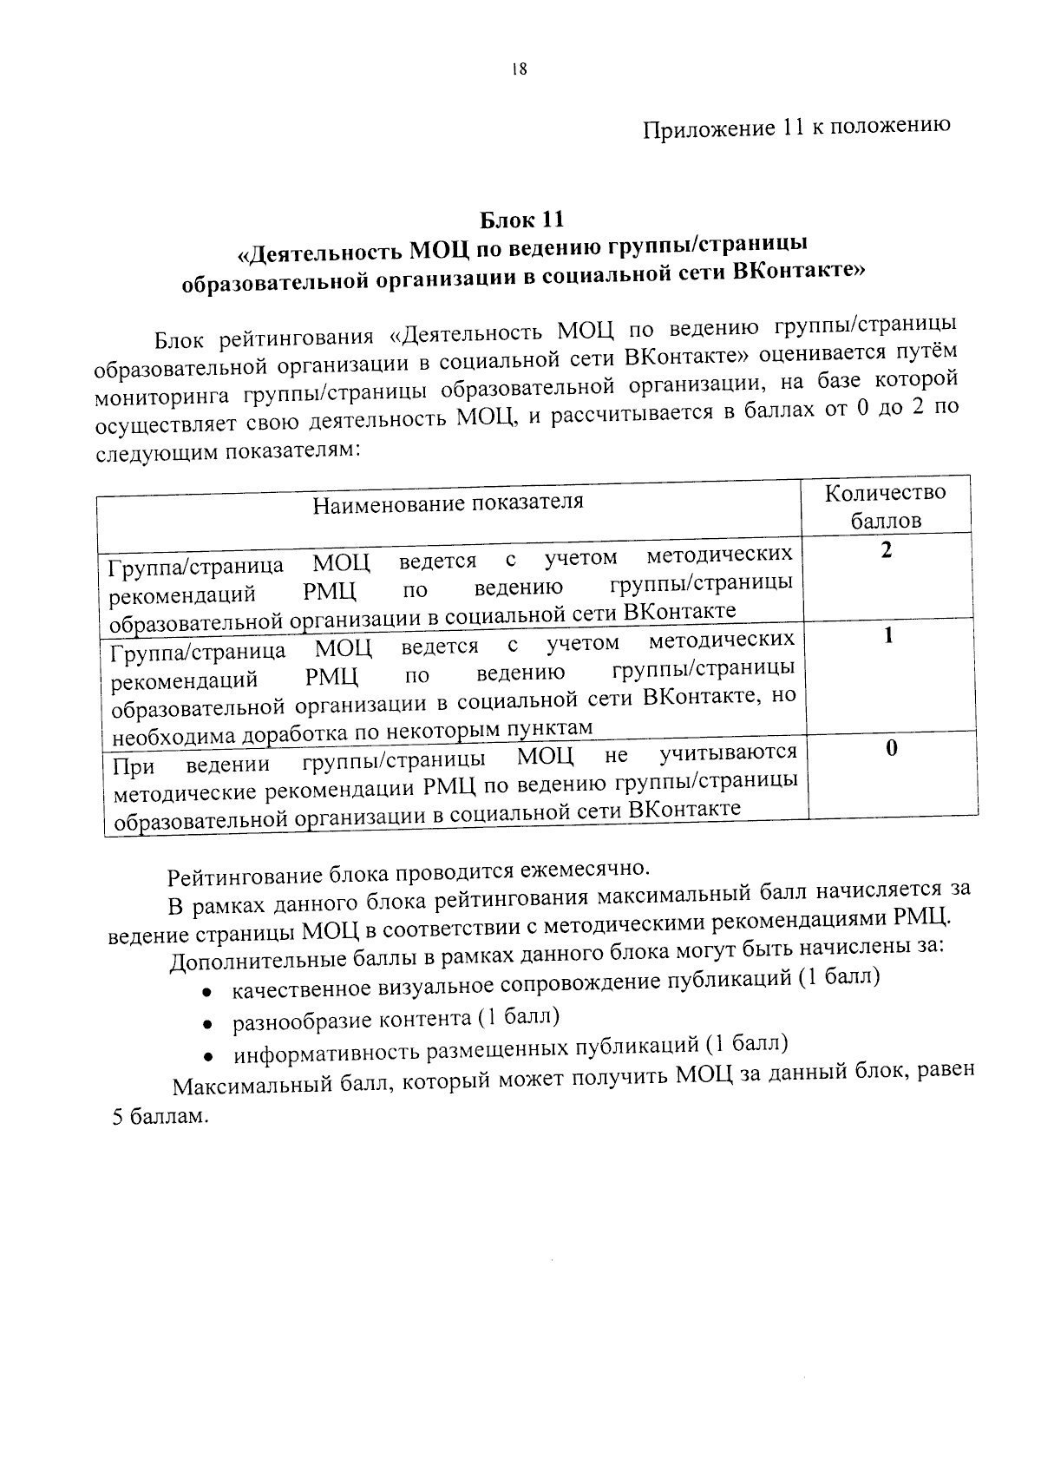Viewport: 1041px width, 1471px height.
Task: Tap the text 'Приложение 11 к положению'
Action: pyautogui.click(x=796, y=127)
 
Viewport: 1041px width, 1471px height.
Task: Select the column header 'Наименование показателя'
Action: pyautogui.click(x=448, y=502)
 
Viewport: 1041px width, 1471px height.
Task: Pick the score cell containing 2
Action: pyautogui.click(x=886, y=550)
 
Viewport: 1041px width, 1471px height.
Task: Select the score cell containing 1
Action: pyautogui.click(x=887, y=636)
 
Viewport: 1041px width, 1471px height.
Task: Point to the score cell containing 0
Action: pyautogui.click(x=891, y=748)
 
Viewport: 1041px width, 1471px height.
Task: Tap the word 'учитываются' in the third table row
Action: pyautogui.click(x=728, y=752)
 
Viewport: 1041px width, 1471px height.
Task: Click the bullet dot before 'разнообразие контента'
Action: pyautogui.click(x=207, y=1025)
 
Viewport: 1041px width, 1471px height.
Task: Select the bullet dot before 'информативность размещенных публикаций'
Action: pyautogui.click(x=208, y=1058)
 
